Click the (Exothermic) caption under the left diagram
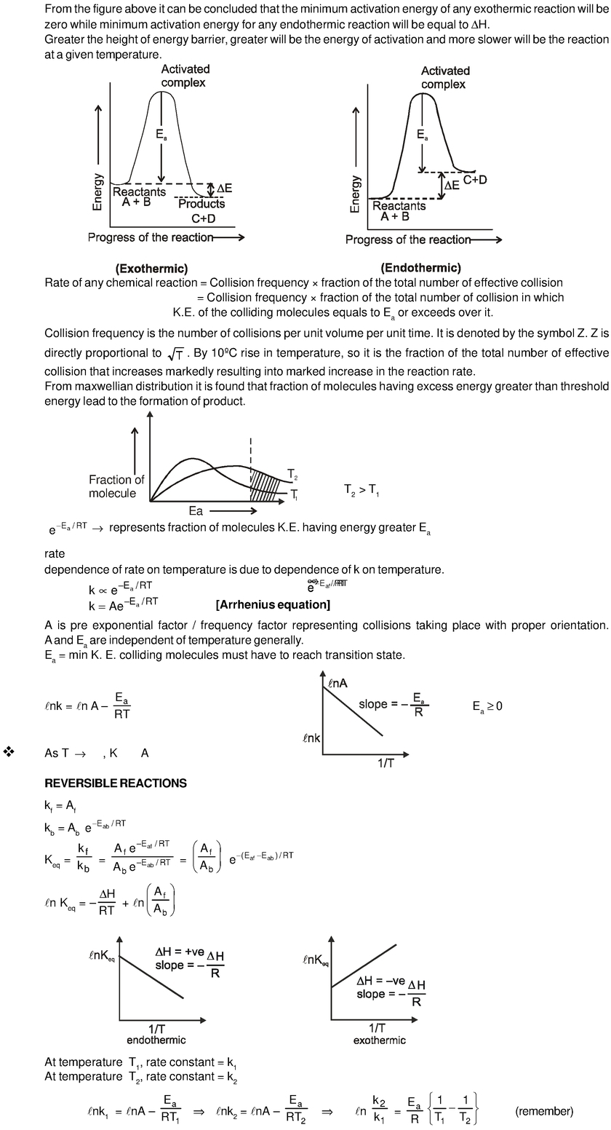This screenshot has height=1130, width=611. pos(151,269)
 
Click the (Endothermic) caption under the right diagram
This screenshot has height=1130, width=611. pos(420,268)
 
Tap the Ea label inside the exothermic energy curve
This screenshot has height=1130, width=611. pos(161,135)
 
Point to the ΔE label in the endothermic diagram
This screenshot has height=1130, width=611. pos(452,186)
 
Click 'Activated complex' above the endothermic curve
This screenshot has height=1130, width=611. pos(445,77)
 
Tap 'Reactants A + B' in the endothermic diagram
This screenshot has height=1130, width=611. pos(399,211)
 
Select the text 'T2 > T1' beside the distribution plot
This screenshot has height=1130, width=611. pos(361,491)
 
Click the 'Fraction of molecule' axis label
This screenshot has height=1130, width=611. pos(116,486)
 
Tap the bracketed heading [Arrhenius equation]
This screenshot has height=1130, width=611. pos(273,605)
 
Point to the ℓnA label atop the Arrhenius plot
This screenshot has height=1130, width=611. pos(338,682)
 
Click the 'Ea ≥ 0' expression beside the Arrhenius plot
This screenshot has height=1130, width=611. pos(487,706)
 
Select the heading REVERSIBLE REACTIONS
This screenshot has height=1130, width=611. pos(116,783)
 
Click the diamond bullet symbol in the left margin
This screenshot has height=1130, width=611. pos(9,751)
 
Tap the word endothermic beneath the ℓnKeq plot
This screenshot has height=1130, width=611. pos(156,1040)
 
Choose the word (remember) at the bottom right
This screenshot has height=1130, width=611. pos(544,1111)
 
